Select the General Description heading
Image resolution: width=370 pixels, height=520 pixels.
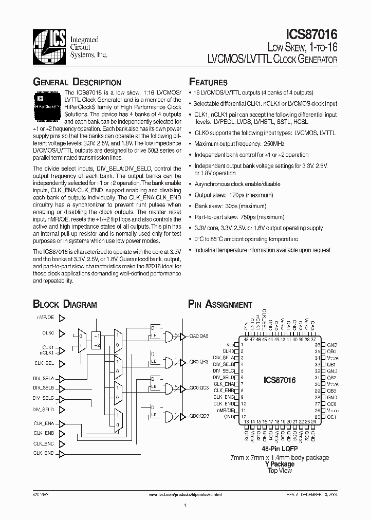[77, 82]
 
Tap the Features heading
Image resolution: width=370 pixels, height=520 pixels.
[208, 82]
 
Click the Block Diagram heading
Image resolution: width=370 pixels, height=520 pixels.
[65, 304]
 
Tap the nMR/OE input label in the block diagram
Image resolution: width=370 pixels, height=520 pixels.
[45, 318]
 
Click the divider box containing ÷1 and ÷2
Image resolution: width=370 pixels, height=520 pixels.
[96, 340]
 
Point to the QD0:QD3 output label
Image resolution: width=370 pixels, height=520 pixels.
[199, 416]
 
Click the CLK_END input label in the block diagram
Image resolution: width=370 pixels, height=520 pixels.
[44, 453]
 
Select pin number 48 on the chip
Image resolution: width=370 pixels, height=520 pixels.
[246, 340]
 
